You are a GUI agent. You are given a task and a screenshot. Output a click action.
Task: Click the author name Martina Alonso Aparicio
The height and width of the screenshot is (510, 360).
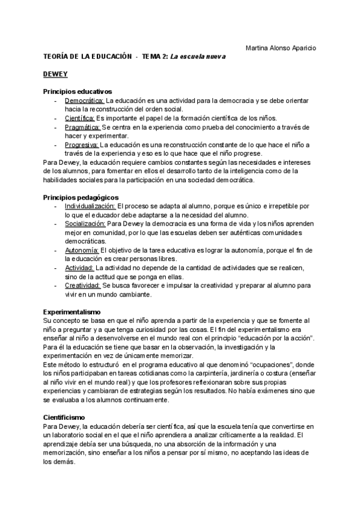tap(282, 48)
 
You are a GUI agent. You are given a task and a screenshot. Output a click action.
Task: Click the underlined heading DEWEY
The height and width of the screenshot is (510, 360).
tap(55, 74)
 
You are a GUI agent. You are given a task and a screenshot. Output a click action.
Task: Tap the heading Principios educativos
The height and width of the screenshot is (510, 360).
tap(78, 91)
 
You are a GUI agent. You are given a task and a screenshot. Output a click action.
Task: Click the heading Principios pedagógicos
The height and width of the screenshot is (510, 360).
tap(81, 197)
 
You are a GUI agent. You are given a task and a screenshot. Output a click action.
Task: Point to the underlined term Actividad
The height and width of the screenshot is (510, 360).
tap(80, 267)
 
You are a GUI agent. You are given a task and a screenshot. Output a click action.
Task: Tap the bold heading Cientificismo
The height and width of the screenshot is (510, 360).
tap(64, 400)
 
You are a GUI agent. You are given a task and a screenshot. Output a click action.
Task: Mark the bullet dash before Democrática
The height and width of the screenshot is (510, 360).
tap(55, 100)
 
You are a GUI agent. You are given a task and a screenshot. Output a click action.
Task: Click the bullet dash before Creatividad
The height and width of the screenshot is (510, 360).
tap(55, 284)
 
